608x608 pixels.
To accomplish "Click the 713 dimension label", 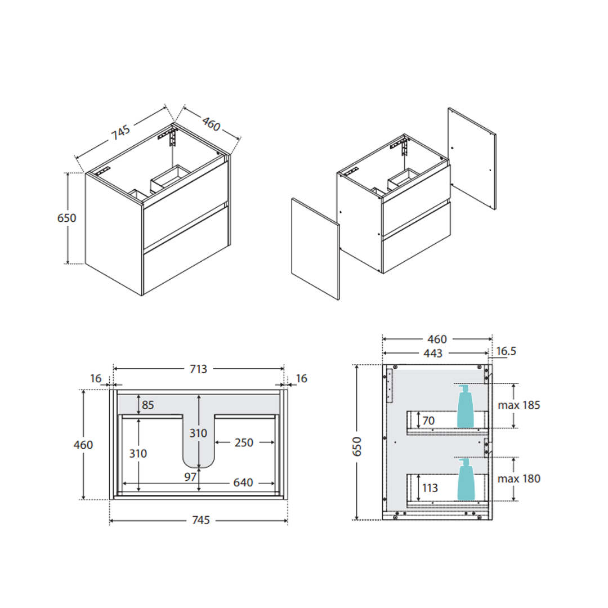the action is click(198, 369).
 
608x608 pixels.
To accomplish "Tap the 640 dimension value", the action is click(243, 482).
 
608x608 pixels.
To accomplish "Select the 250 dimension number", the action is click(244, 442).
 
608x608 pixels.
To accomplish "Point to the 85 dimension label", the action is click(147, 405).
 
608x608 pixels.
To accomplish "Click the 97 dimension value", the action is click(190, 477).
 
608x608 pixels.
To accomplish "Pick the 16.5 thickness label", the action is click(506, 351).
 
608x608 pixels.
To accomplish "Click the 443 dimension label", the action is click(433, 353).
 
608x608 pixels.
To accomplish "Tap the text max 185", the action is click(519, 405).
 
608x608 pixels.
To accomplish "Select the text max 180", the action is click(519, 479).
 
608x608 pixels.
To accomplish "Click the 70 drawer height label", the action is click(428, 421).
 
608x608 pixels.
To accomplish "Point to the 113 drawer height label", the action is click(430, 488).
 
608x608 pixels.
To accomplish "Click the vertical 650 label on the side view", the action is click(357, 446).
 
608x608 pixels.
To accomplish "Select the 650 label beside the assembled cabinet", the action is click(66, 218).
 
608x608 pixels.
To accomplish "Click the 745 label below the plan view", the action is click(201, 520).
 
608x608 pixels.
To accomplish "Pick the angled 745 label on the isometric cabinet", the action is click(121, 133).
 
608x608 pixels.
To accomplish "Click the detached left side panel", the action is click(315, 249).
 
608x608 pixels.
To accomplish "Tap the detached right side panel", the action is click(472, 159).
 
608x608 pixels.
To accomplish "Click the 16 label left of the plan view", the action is click(96, 378).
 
